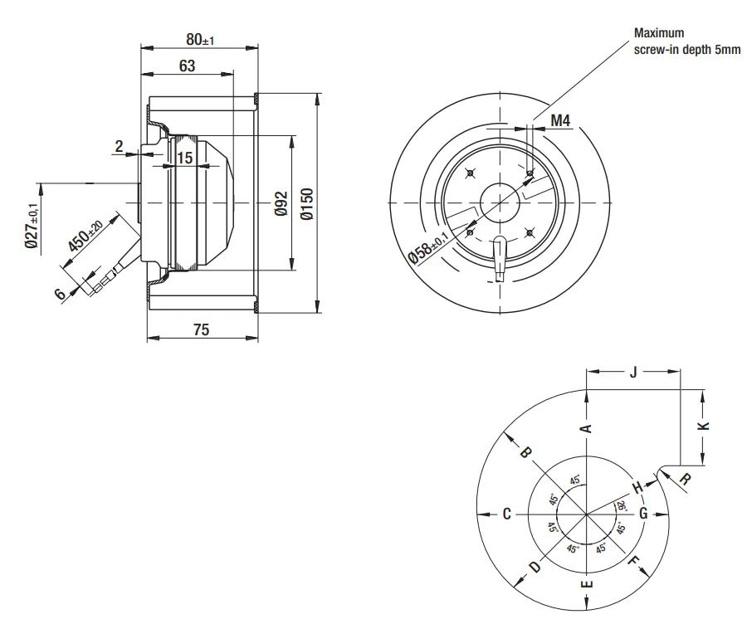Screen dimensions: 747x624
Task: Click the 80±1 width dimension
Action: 200,40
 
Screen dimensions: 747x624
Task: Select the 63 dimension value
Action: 188,66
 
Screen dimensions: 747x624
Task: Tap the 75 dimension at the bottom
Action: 202,329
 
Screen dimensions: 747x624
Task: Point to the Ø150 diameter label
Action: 308,204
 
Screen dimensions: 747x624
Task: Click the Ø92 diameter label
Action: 281,203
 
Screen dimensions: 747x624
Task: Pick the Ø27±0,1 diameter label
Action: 32,225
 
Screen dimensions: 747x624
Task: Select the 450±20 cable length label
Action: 85,236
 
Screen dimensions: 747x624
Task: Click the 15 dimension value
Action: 185,158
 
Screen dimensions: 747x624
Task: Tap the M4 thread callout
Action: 560,120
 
